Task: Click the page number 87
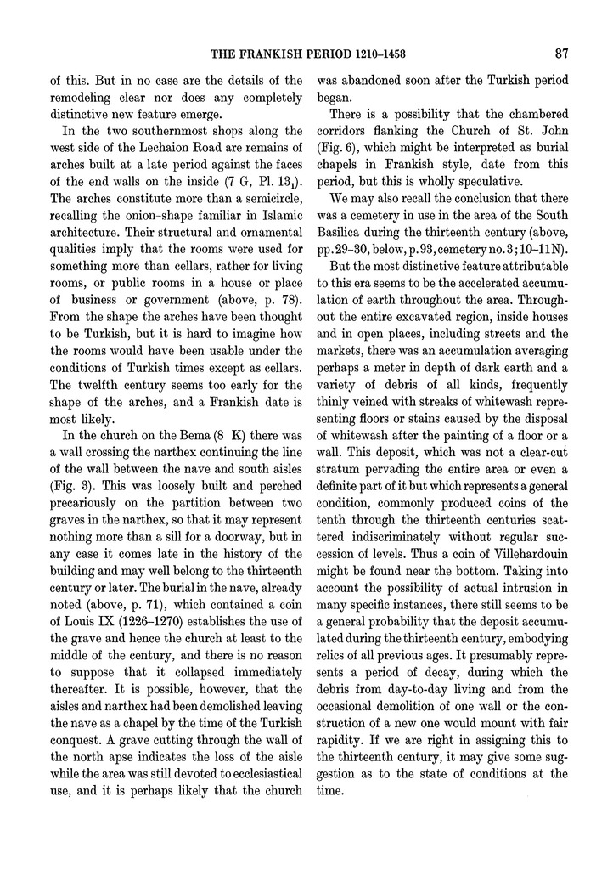[561, 54]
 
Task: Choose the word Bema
[183, 461]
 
